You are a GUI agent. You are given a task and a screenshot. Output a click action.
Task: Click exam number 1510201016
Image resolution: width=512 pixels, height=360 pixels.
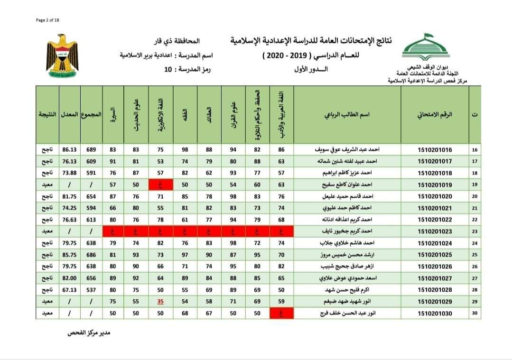[x=435, y=150]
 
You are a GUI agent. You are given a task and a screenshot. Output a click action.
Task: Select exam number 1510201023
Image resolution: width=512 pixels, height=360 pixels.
[x=435, y=231]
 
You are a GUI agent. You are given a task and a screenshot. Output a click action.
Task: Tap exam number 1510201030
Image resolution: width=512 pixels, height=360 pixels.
[x=435, y=314]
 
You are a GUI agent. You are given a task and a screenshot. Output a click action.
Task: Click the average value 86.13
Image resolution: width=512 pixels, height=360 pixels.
[x=69, y=150]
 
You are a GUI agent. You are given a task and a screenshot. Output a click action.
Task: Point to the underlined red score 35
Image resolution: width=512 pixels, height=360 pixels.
[x=160, y=302]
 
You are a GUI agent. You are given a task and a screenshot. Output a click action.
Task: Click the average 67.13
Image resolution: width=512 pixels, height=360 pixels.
[x=69, y=290]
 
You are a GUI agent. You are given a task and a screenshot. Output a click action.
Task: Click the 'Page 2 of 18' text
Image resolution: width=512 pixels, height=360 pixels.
[x=47, y=19]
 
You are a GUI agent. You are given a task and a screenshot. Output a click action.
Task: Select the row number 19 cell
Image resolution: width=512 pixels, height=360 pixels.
[x=475, y=185]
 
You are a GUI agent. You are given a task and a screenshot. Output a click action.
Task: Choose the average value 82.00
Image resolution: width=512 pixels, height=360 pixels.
[x=69, y=278]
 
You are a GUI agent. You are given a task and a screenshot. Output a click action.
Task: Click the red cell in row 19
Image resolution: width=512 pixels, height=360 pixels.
[x=160, y=185]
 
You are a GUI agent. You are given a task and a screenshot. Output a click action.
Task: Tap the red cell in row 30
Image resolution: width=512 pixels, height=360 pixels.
[x=281, y=314]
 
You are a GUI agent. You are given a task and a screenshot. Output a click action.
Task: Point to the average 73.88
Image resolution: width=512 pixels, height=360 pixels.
[x=69, y=173]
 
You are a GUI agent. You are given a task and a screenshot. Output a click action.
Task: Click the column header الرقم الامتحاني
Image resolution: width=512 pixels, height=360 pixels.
[x=435, y=115]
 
